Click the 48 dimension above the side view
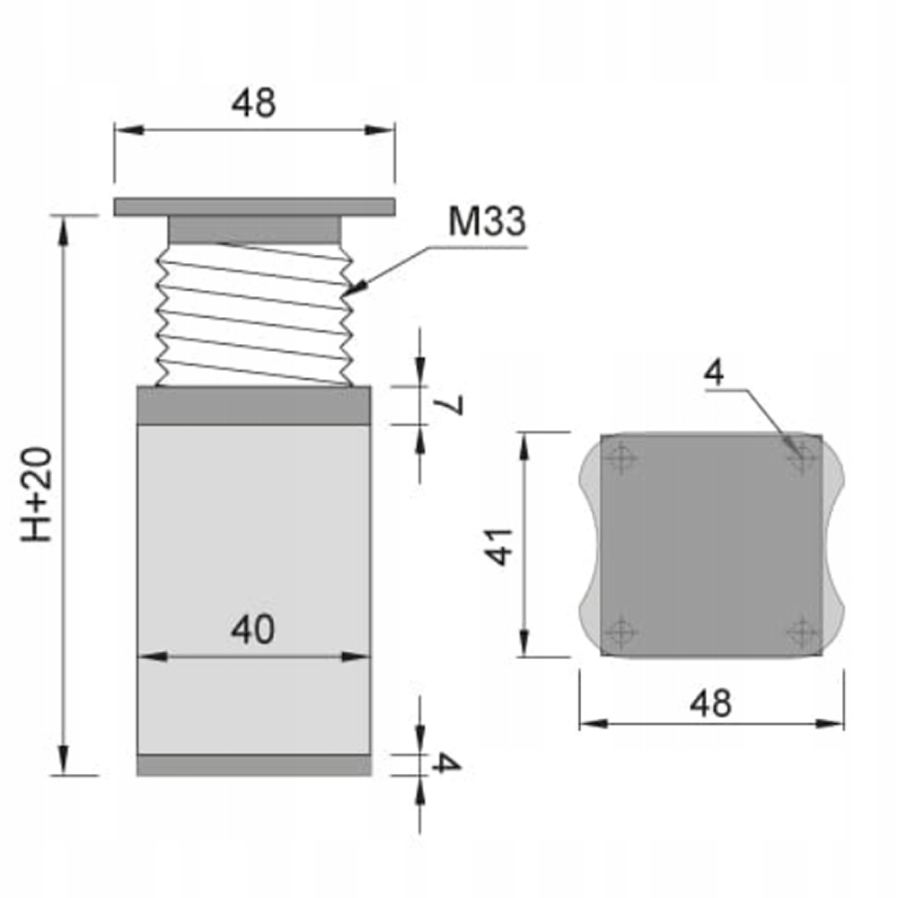(253, 103)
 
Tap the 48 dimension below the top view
(710, 703)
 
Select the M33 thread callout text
(487, 221)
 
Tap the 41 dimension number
(500, 545)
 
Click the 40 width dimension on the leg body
(253, 630)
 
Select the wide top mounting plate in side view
(254, 207)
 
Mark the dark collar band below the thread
(253, 405)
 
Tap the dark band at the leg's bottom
(253, 764)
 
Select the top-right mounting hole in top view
(801, 460)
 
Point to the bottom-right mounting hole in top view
(801, 633)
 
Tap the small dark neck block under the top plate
(254, 229)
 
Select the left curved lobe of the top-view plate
(590, 546)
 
